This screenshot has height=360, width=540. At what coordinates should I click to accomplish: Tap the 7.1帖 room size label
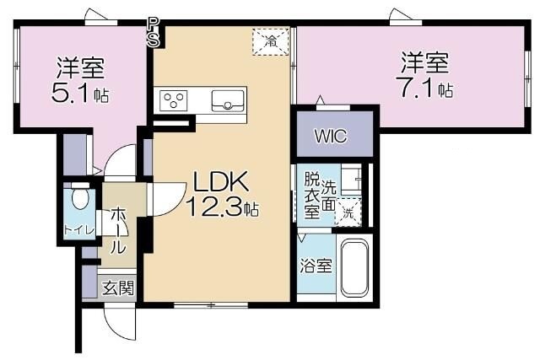(424, 88)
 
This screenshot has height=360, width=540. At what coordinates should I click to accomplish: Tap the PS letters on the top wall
(153, 33)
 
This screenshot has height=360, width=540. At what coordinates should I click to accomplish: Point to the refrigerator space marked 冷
(272, 40)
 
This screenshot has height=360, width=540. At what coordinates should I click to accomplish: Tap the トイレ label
(79, 230)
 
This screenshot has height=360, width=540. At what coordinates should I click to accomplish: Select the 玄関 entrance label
(119, 287)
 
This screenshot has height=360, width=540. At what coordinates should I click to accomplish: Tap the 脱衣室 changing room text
(312, 195)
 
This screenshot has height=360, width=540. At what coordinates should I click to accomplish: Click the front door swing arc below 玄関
(119, 318)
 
